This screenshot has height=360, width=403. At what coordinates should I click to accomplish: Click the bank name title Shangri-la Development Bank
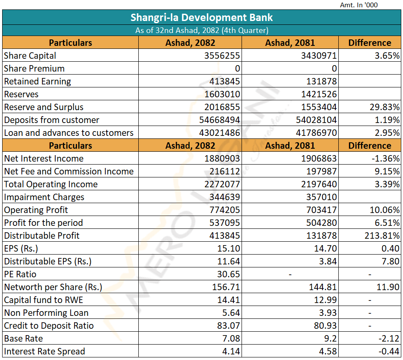[x=201, y=18]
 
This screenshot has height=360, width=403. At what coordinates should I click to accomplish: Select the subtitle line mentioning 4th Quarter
[x=202, y=30]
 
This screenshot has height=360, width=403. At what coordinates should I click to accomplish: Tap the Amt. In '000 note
[x=359, y=5]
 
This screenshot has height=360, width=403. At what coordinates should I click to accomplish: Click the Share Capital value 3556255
[x=222, y=56]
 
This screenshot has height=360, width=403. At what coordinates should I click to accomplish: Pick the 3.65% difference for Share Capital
[x=387, y=56]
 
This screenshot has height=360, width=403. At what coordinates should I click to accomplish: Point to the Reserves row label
[x=21, y=94]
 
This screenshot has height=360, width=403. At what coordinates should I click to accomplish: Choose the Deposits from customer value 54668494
[x=220, y=120]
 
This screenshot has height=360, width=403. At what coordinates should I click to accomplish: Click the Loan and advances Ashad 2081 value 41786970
[x=316, y=133]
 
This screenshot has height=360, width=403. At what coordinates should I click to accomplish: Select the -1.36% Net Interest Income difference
[x=385, y=159]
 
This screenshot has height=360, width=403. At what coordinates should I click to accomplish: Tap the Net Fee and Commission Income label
[x=69, y=171]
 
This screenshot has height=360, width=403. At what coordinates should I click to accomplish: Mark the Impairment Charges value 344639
[x=225, y=197]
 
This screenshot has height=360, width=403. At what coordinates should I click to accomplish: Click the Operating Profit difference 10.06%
[x=385, y=210]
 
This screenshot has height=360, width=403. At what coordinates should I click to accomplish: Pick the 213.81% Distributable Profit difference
[x=382, y=236]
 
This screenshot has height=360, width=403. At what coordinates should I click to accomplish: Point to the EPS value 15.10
[x=229, y=249]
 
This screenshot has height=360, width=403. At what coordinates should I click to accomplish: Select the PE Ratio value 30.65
[x=229, y=274]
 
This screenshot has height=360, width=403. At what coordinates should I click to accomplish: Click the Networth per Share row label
[x=53, y=287]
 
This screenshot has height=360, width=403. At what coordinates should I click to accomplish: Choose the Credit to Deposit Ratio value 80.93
[x=325, y=326]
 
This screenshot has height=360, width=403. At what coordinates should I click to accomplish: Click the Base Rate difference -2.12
[x=389, y=339]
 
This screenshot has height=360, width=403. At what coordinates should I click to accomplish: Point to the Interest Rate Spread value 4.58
[x=328, y=351]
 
